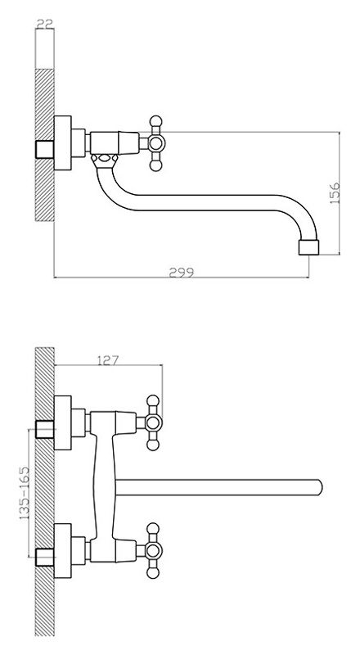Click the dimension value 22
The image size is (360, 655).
pyautogui.click(x=45, y=24)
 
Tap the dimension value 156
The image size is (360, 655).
pyautogui.click(x=335, y=193)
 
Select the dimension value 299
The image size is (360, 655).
pyautogui.click(x=182, y=273)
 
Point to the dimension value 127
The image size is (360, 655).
pyautogui.click(x=108, y=359)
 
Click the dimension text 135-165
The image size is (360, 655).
pyautogui.click(x=25, y=493)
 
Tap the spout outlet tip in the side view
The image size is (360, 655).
pyautogui.click(x=308, y=247)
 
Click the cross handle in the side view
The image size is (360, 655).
pyautogui.click(x=155, y=143)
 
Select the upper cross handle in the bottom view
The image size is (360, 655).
pyautogui.click(x=153, y=422)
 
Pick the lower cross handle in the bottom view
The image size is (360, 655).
pyautogui.click(x=153, y=550)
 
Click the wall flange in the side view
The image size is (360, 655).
pyautogui.click(x=63, y=142)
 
